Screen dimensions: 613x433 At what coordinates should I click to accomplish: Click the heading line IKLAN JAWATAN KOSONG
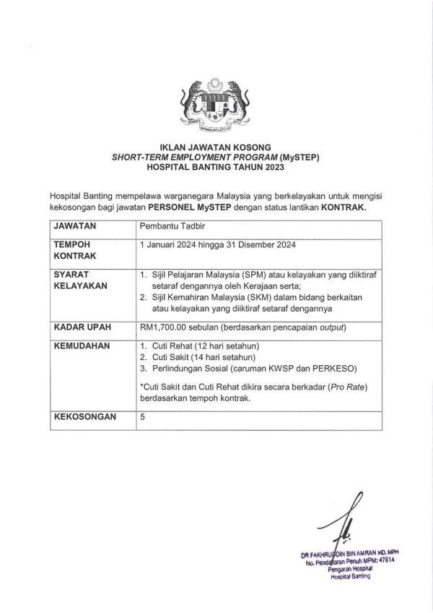[216, 147]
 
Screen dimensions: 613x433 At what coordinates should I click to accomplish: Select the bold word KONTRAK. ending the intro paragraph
[341, 207]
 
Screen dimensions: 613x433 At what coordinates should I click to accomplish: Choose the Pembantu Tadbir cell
[167, 227]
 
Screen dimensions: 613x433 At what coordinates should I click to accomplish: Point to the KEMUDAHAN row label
[82, 346]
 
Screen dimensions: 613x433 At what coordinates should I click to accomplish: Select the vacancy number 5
[143, 418]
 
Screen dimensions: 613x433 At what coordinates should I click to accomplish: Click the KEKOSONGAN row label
[84, 418]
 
